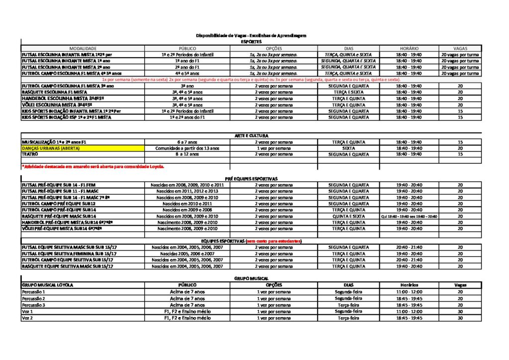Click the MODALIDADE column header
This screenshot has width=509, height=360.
[83, 48]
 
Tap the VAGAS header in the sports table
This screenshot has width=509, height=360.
[460, 48]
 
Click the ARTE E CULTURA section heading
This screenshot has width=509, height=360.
[251, 136]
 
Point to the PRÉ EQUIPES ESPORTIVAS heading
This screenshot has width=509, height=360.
[251, 179]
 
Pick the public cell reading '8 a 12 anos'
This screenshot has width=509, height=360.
[187, 154]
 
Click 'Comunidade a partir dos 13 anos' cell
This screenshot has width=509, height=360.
[187, 148]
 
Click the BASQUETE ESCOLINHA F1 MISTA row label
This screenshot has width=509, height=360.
[54, 92]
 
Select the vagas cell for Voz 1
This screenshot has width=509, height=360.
[460, 311]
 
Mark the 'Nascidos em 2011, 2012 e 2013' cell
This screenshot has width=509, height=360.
[187, 191]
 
